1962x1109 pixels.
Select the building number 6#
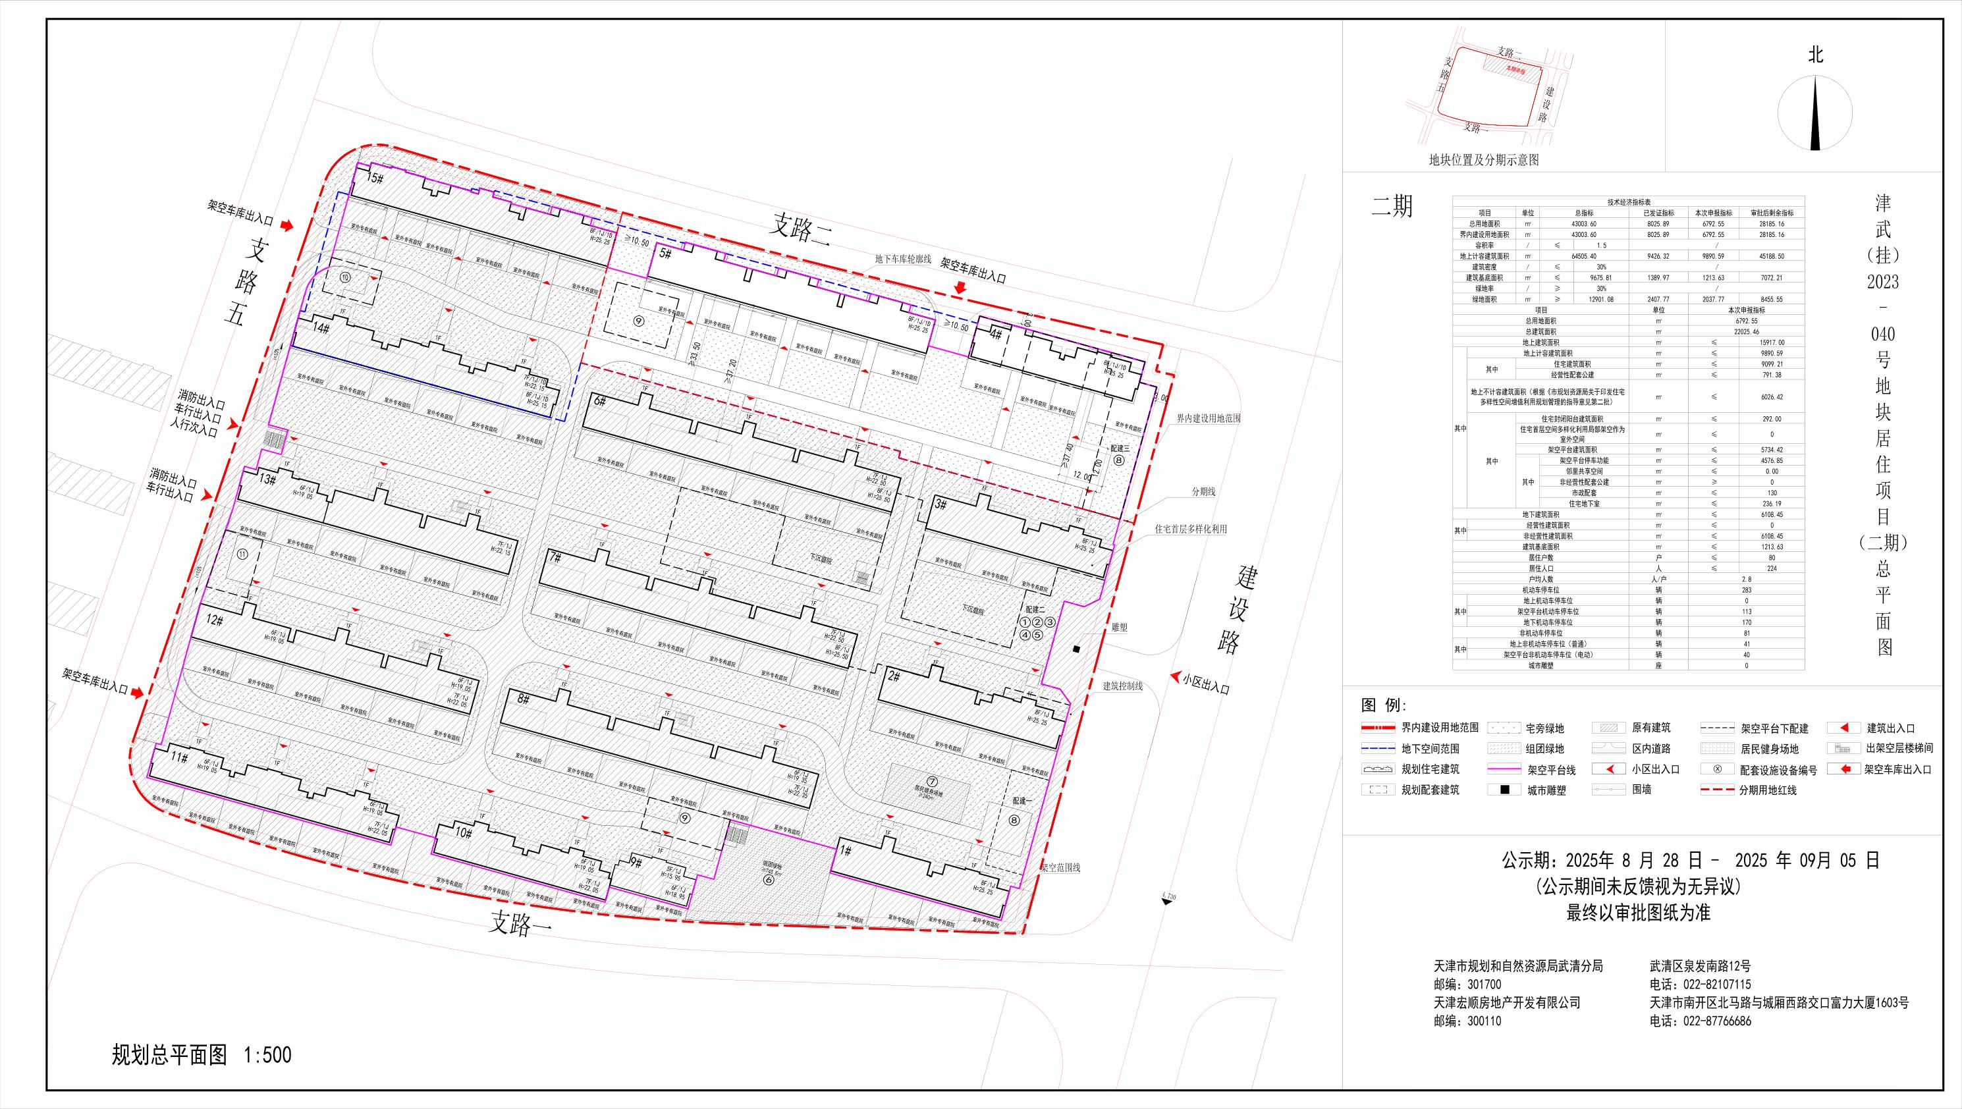point(599,402)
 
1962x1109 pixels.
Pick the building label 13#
point(266,480)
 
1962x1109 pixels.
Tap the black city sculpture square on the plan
point(1076,649)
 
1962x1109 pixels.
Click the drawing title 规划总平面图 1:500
point(202,1055)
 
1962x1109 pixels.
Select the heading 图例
point(1384,704)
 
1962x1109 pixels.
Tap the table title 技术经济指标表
point(1628,203)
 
